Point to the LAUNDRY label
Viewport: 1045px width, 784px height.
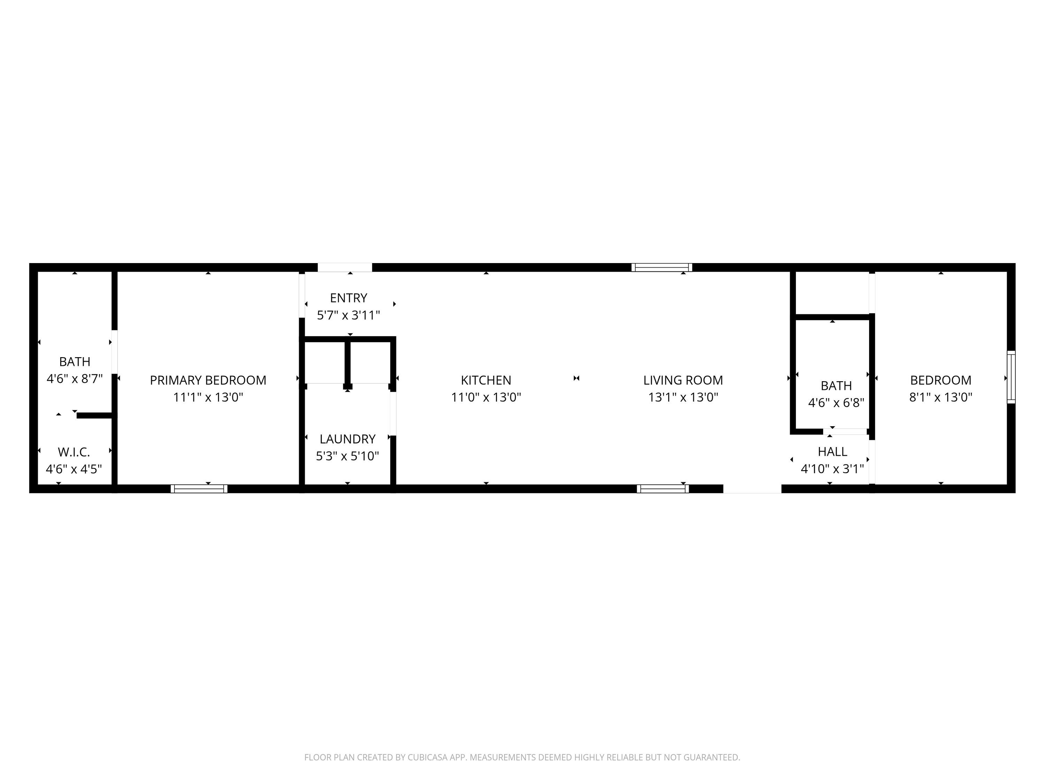[x=347, y=439]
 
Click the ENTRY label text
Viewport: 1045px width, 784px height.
[x=348, y=298]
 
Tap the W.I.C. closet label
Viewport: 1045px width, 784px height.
[x=74, y=452]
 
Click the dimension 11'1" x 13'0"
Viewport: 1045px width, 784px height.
[x=208, y=397]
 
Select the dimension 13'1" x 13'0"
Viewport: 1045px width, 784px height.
[x=683, y=397]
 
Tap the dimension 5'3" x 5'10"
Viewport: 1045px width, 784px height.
[x=347, y=456]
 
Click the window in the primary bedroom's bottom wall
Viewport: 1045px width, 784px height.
[x=199, y=489]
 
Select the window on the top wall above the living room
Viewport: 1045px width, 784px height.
[x=662, y=268]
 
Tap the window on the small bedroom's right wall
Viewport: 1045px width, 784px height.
[x=1011, y=377]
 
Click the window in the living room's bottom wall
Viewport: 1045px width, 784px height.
[x=663, y=489]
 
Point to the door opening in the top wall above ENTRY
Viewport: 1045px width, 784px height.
[x=345, y=268]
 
